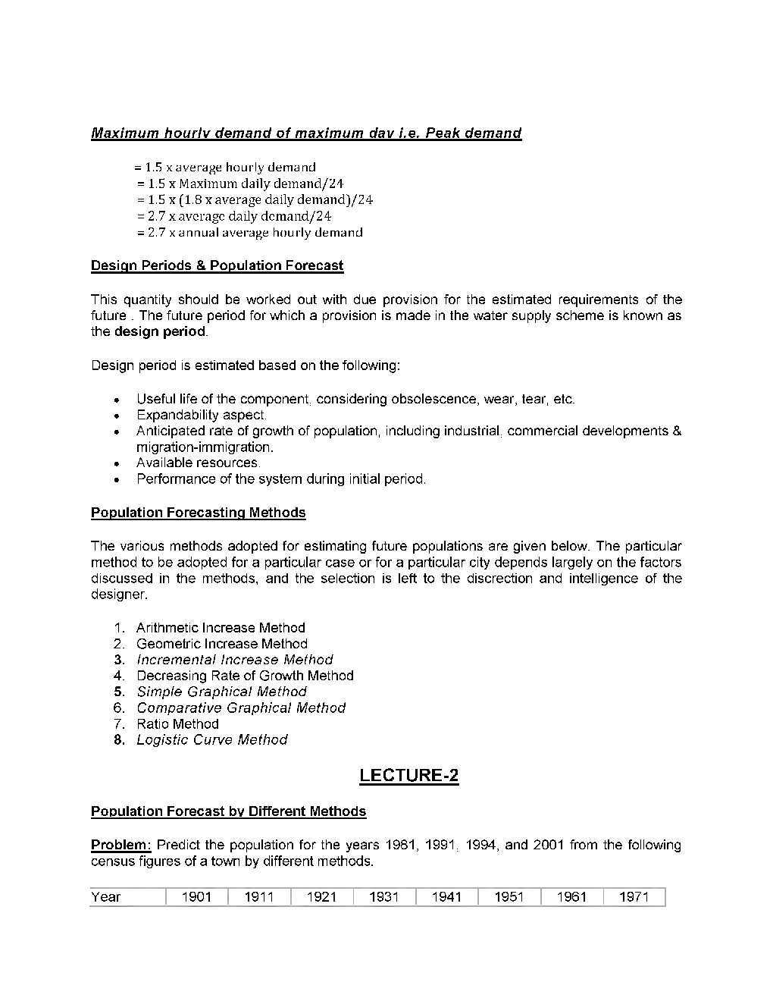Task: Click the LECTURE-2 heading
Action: click(408, 775)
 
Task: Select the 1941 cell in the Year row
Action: click(446, 897)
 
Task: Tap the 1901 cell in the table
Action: click(196, 897)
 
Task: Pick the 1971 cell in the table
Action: click(634, 897)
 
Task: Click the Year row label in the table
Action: click(106, 897)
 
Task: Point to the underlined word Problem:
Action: click(121, 845)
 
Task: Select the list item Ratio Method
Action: click(177, 723)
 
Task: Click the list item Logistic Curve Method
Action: click(211, 739)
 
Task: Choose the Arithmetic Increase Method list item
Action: click(221, 627)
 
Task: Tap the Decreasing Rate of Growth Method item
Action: click(245, 675)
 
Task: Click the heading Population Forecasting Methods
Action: click(198, 513)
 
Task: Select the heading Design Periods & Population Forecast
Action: click(217, 265)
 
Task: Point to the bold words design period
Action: click(159, 331)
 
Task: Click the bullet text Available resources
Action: click(198, 463)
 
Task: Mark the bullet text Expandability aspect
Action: click(202, 415)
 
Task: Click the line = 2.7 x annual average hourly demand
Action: click(250, 233)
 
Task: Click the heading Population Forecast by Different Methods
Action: click(228, 811)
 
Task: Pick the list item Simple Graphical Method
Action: click(221, 692)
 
